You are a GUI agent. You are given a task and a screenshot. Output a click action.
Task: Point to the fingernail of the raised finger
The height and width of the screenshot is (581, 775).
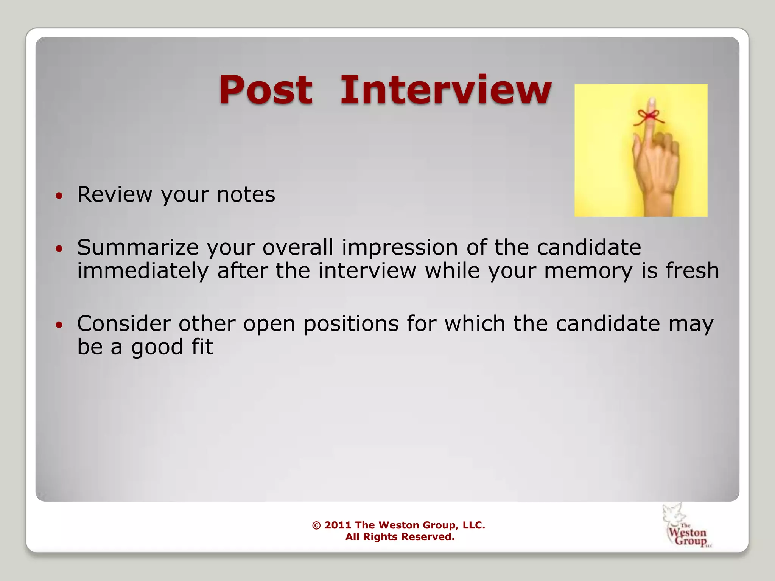[652, 102]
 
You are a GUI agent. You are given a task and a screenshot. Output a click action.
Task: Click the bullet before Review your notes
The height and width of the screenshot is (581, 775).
[59, 196]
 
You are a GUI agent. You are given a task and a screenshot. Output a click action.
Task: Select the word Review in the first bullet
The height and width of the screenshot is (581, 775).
[115, 194]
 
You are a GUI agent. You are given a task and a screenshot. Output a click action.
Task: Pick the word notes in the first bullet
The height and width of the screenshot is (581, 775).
[246, 194]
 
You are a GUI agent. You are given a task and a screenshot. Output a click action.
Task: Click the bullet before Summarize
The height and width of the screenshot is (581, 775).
[59, 249]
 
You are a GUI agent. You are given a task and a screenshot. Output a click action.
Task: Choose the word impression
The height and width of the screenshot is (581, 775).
[400, 248]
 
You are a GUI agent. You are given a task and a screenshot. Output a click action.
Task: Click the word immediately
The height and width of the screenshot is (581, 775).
[143, 271]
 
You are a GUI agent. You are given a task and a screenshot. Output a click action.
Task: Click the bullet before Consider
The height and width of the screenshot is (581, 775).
[59, 325]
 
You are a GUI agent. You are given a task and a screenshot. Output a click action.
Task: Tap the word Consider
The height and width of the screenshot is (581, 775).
[124, 324]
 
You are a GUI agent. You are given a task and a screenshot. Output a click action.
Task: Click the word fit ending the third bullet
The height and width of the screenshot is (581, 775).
[202, 347]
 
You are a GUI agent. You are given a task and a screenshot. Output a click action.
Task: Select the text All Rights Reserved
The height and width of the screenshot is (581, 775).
[400, 537]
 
